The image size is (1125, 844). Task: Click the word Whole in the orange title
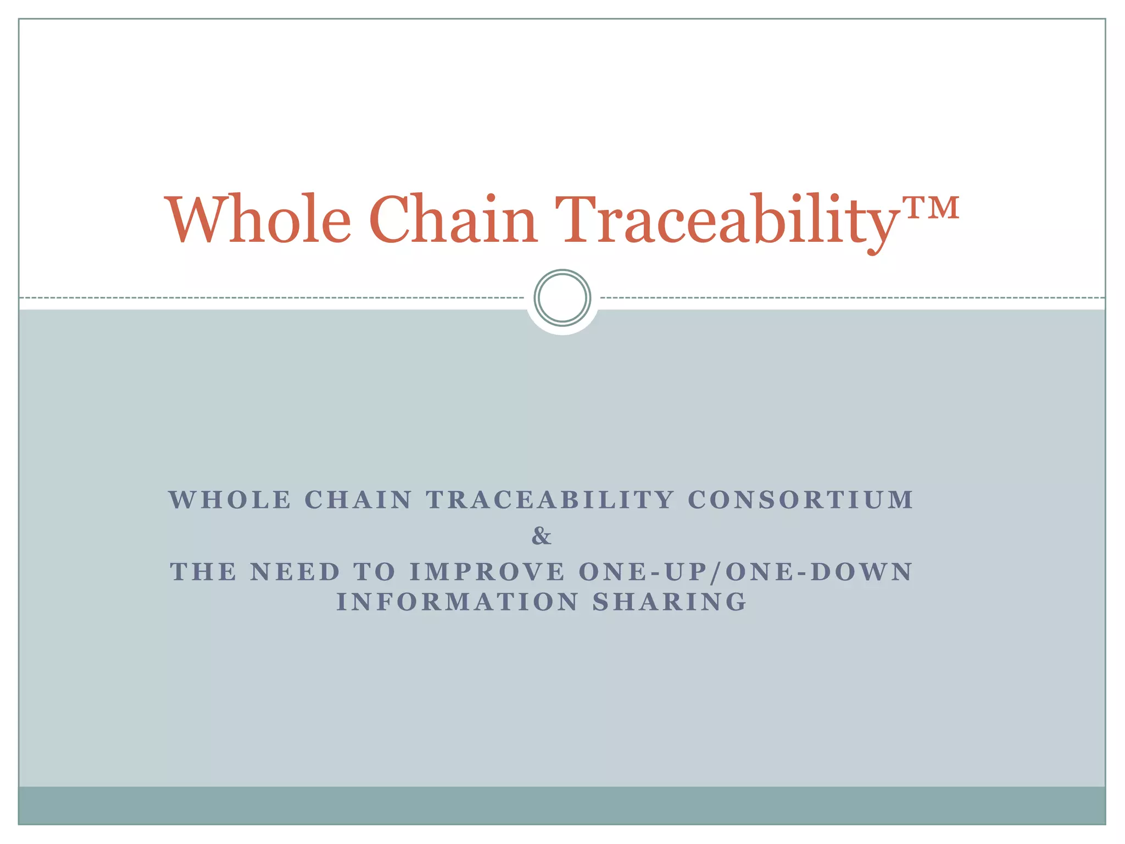[258, 220]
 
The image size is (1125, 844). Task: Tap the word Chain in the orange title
[453, 220]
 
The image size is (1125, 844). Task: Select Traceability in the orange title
[725, 220]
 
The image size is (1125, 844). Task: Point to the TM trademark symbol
[932, 208]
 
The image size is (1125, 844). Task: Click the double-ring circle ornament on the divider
[562, 298]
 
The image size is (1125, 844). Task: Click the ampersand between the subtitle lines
[541, 536]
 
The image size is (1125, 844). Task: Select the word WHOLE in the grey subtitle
[230, 500]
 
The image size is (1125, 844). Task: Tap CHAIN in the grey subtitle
[358, 500]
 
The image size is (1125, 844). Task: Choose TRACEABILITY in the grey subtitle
[550, 500]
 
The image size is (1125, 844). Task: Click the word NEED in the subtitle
[295, 572]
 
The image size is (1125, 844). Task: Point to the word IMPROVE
[487, 572]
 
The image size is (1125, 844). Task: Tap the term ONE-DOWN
[818, 572]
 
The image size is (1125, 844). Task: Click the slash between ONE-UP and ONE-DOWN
[715, 573]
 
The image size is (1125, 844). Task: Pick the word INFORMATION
[458, 602]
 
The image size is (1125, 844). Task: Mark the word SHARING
[670, 602]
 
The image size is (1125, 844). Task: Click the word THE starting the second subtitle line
[203, 572]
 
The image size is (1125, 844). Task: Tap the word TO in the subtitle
[375, 572]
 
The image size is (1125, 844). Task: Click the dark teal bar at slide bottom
[562, 805]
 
